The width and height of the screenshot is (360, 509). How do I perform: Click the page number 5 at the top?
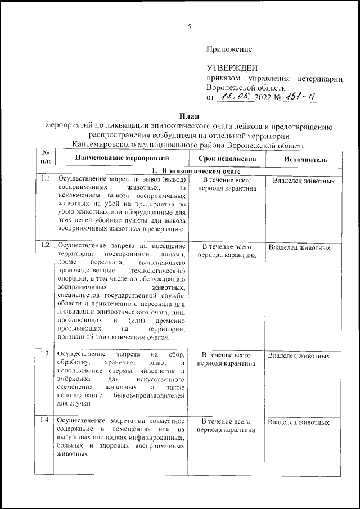point(190,27)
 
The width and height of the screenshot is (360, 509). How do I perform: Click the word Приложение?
point(229,49)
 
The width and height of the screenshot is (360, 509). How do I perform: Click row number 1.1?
point(46,179)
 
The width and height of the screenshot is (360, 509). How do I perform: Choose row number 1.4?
point(46,420)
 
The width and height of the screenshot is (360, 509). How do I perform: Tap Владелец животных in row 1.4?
point(299,421)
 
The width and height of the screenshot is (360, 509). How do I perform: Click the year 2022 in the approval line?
point(263,98)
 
